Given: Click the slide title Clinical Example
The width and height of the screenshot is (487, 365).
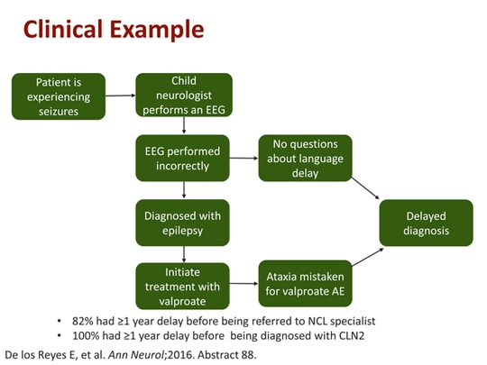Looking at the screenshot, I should click(x=113, y=29).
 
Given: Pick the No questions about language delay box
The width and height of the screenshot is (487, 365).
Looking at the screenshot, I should click(x=305, y=158).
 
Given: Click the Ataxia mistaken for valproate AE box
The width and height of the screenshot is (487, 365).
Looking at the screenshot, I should click(x=305, y=285).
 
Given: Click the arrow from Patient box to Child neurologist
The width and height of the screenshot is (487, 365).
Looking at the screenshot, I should click(x=119, y=96).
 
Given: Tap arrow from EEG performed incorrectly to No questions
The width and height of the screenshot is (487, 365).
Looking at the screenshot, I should click(x=244, y=158).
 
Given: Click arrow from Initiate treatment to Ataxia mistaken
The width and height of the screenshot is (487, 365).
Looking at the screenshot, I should click(x=244, y=285).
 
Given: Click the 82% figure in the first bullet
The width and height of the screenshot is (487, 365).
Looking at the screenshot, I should click(x=83, y=320).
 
